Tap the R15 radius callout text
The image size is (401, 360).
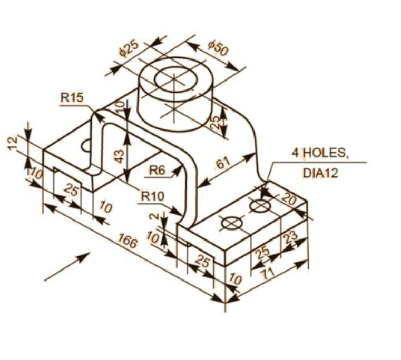coord(72,97)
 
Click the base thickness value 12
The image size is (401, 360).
coord(13,143)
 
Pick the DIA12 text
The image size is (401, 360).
coord(320,173)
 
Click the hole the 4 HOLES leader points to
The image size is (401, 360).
coord(259,205)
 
